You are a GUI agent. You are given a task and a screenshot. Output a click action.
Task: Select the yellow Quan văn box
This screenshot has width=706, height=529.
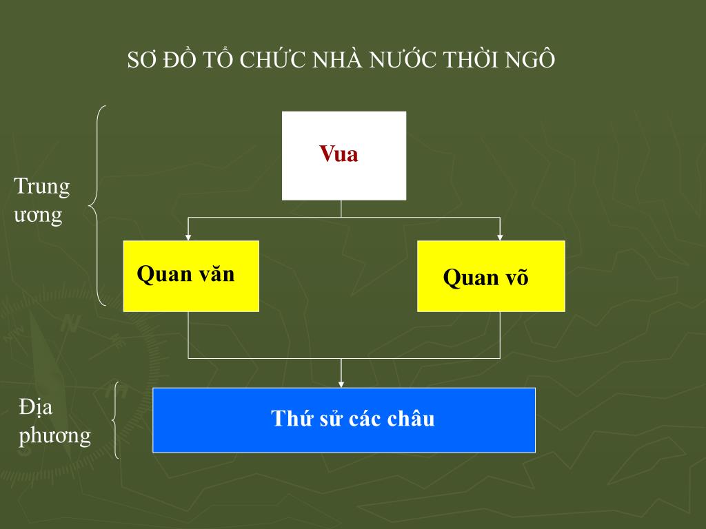(x=191, y=276)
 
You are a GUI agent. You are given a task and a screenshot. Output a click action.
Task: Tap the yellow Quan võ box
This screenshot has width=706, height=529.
(x=491, y=276)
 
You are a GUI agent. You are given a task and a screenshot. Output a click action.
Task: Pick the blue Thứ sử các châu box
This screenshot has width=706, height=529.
(x=344, y=419)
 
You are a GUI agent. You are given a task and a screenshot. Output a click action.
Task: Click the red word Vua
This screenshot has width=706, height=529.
(x=339, y=154)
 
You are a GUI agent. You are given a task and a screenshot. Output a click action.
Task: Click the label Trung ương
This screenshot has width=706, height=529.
(x=41, y=200)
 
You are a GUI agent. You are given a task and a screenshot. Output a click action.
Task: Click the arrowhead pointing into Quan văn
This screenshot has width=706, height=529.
(x=189, y=237)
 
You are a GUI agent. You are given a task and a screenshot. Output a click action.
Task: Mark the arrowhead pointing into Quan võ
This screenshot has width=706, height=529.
(x=500, y=237)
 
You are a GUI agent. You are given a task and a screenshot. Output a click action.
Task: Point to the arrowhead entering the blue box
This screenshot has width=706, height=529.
(x=341, y=384)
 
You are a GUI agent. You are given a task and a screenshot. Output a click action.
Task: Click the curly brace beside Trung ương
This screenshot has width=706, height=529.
(x=97, y=205)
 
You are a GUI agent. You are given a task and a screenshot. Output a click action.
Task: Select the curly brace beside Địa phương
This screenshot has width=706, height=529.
(x=114, y=420)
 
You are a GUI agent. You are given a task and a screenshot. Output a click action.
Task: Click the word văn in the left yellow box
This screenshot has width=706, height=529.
(x=216, y=274)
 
